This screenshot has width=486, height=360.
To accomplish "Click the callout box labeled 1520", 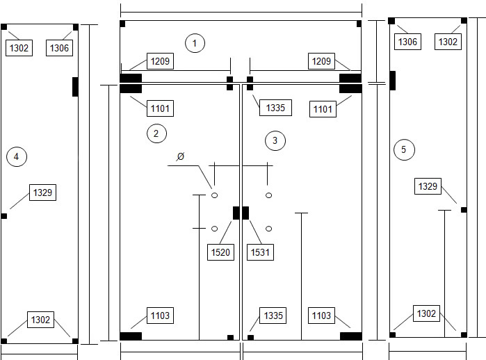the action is coord(220,252).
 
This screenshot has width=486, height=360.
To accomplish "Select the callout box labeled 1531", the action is coord(260,252).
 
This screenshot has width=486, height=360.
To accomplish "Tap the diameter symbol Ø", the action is coord(180,156).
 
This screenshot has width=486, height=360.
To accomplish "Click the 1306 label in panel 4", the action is coord(59,48).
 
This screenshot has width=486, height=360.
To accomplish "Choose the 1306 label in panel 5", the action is coord(407,42).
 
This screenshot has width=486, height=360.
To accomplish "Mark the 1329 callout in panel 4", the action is coord(43,193).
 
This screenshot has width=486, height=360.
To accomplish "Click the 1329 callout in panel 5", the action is coord(428,186).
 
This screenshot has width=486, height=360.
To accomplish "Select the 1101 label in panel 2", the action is coord(160,108).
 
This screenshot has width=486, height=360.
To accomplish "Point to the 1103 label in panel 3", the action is coord(321,316).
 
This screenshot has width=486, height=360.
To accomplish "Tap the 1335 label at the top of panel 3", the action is coord(275,108).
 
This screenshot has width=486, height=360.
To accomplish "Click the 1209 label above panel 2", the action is coord(160,61).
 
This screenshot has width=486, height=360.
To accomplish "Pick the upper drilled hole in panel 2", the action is coord(214,195).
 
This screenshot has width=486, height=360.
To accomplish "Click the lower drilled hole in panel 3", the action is coord(269,229).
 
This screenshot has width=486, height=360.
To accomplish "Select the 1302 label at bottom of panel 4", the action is coord(40,320).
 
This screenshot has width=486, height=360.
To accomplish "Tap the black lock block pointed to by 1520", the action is coord(236,213).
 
